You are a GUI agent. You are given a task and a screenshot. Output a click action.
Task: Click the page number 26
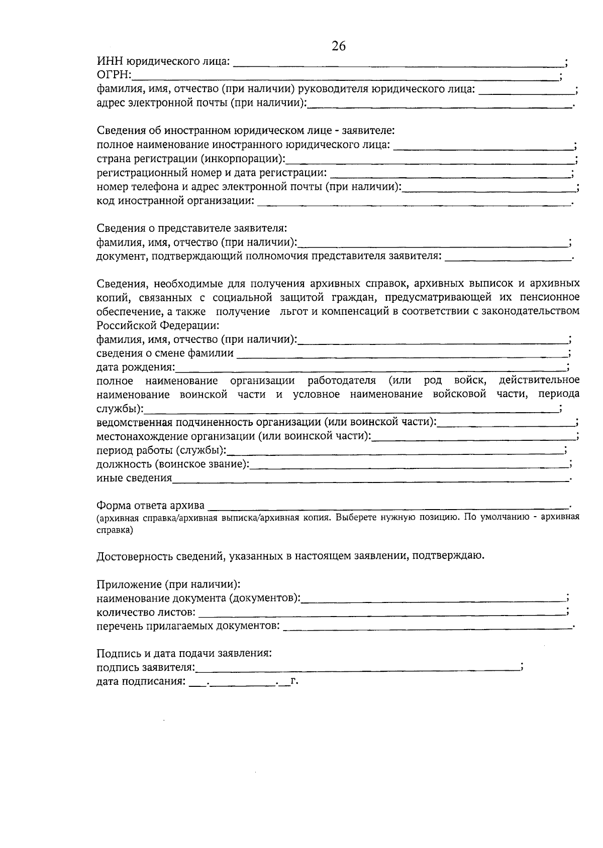339,46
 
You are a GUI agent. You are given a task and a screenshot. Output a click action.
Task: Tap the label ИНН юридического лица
163,62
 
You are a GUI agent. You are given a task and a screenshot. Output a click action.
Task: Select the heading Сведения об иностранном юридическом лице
246,131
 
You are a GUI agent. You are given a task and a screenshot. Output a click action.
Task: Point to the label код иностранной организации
175,201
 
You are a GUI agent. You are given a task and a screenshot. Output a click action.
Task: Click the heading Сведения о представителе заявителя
191,228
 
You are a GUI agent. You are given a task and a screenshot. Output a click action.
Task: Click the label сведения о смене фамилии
165,353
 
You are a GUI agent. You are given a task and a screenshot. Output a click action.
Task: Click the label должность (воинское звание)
173,464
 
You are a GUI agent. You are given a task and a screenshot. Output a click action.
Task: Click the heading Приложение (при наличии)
168,584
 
